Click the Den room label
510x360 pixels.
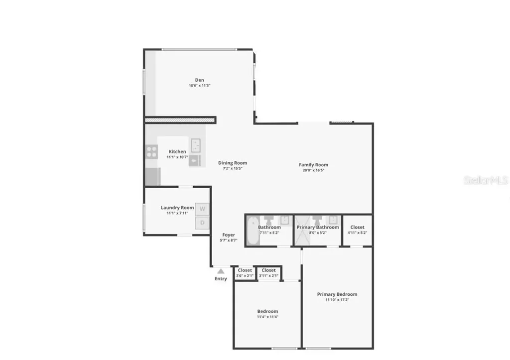click(199, 80)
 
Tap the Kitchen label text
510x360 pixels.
click(177, 151)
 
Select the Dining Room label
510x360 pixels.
click(233, 163)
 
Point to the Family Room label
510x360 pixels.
click(313, 165)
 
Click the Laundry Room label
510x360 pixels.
click(177, 208)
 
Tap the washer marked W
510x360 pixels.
click(202, 209)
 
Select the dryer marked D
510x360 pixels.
click(202, 223)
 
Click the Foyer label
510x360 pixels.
click(229, 235)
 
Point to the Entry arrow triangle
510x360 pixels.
click(221, 271)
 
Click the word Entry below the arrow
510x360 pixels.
click(221, 279)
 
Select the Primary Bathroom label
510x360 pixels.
click(318, 227)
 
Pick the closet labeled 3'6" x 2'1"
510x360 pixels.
click(245, 273)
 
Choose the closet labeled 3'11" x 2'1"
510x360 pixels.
click(268, 273)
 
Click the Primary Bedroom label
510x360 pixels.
click(337, 294)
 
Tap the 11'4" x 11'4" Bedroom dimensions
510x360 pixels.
click(267, 317)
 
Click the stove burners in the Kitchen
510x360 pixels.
click(151, 151)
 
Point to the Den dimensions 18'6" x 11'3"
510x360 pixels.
click(199, 86)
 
